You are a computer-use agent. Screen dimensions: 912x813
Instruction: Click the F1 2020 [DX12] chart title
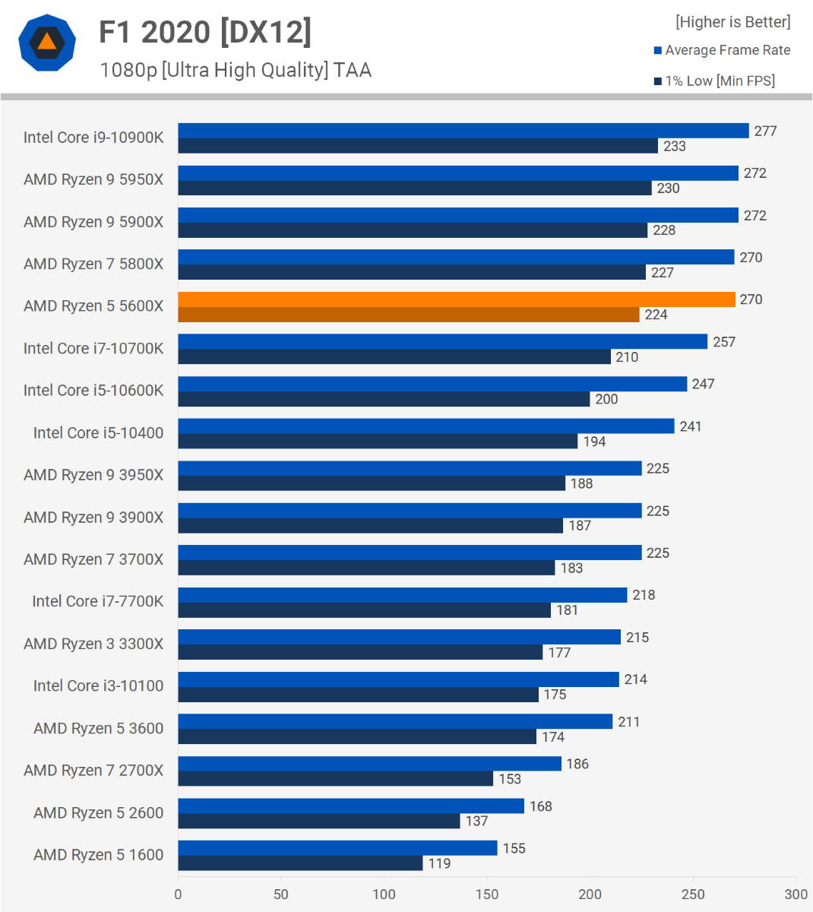pos(205,32)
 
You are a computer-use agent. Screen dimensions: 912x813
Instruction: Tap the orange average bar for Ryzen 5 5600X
pos(457,299)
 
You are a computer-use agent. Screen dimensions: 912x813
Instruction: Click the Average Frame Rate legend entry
pos(727,50)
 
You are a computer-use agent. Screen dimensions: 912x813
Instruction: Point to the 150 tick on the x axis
pos(487,894)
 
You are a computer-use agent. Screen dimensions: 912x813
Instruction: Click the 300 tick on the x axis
pos(796,894)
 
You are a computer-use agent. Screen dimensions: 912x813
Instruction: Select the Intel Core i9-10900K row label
pos(93,138)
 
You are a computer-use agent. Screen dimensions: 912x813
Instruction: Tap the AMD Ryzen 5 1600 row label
pos(99,855)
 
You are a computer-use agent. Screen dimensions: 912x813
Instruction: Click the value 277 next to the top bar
pos(765,131)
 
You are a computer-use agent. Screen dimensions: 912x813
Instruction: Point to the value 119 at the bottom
pos(439,863)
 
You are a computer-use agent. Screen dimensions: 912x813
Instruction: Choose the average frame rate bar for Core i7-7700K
pos(403,595)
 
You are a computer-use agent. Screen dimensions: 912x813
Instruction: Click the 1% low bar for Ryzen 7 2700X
pos(336,779)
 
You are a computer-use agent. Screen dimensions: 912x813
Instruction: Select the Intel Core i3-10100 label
pos(99,686)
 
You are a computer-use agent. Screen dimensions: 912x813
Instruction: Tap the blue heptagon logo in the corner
pos(47,43)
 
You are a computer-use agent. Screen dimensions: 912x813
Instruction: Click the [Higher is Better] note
pos(732,22)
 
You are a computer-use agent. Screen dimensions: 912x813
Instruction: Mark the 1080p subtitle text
pos(236,70)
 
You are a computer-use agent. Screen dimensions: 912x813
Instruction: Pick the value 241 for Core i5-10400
pos(690,426)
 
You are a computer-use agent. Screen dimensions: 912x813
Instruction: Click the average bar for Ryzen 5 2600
pos(351,806)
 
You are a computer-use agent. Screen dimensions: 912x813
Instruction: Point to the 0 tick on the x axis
pos(179,894)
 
